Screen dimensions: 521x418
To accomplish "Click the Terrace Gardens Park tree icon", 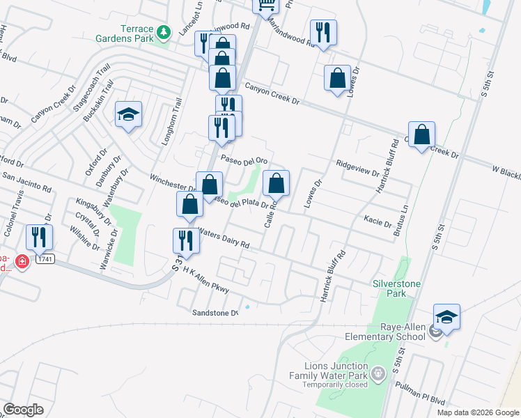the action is [x=164, y=31].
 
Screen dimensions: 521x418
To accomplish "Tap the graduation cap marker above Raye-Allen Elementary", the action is [x=446, y=317].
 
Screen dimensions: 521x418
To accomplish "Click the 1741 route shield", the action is [x=45, y=258].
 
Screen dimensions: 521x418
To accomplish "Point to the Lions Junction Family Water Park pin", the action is [x=378, y=374].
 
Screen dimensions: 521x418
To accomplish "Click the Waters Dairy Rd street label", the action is [x=224, y=239].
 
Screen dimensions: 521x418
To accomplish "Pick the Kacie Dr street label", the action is [x=378, y=222].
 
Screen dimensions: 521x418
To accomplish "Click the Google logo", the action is [x=23, y=409].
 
